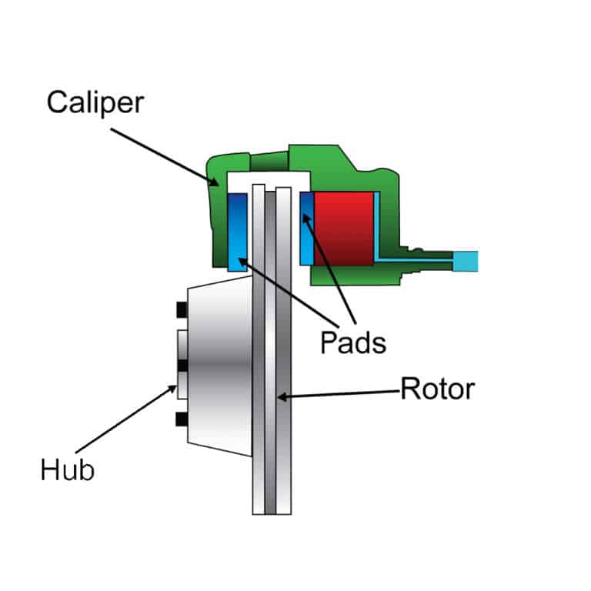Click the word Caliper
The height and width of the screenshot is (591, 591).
[95, 102]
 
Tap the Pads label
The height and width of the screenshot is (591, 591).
[352, 341]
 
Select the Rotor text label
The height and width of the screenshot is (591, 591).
[437, 389]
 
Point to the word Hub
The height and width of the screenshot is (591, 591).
[67, 469]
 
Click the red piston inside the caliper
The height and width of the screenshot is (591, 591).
[343, 228]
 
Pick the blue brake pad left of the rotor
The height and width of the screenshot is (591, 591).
[237, 232]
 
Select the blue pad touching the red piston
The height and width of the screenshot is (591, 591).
[306, 228]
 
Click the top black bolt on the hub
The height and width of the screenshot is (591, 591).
[182, 309]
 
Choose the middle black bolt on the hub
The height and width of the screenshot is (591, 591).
[182, 364]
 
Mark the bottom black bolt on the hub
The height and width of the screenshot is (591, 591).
[182, 419]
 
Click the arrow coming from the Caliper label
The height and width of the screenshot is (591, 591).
[162, 155]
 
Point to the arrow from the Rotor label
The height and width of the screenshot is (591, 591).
[339, 394]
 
